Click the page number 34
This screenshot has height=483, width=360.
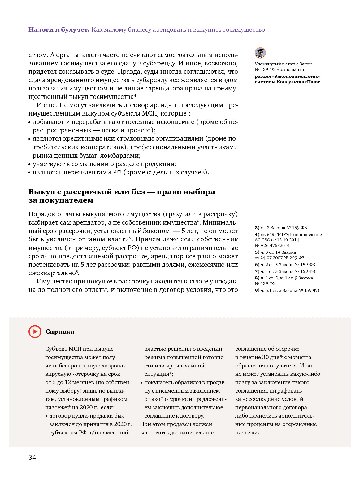(32, 458)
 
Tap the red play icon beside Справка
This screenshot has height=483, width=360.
(35, 332)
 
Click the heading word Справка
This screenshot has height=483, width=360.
(60, 332)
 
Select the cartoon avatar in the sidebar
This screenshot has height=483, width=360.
(260, 53)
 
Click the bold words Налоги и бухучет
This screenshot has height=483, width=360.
(59, 30)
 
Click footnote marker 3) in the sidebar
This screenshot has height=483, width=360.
(257, 228)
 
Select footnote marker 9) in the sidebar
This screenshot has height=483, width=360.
(257, 290)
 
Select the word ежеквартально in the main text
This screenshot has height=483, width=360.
(52, 273)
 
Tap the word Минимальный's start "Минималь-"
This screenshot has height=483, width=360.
(220, 222)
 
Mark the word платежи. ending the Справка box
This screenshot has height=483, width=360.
(247, 433)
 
